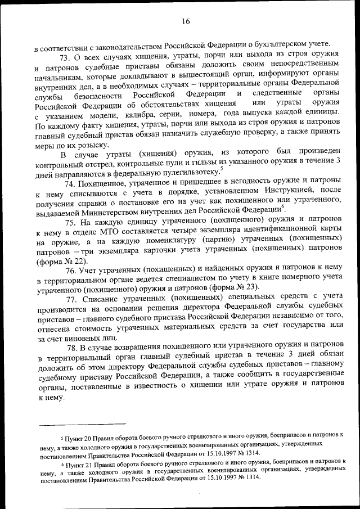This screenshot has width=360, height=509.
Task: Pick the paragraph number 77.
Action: [73, 298]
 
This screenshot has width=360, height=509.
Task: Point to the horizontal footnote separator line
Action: [79, 424]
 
